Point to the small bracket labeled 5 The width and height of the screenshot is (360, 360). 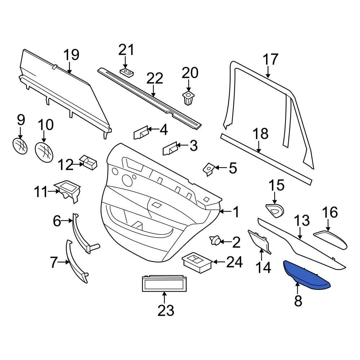point(209,169)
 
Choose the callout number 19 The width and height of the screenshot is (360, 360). point(71,55)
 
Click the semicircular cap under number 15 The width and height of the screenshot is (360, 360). point(275,210)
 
